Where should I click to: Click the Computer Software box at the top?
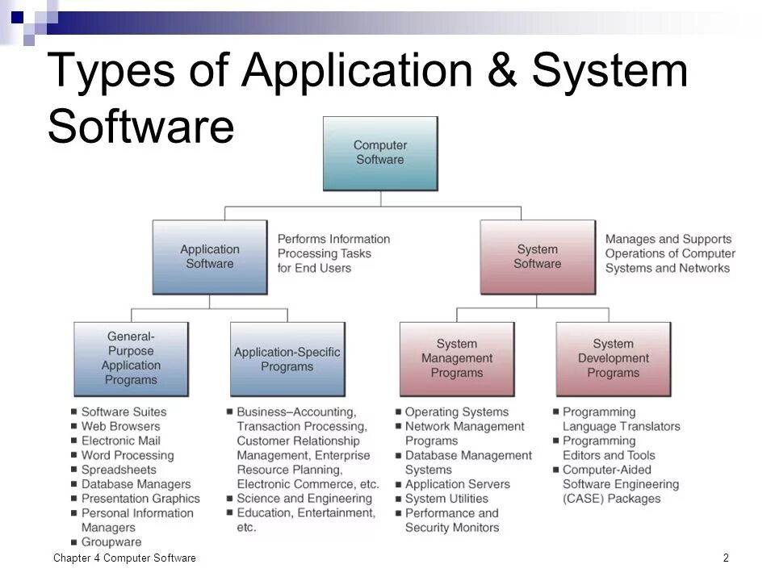click(379, 153)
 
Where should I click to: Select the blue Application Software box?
click(209, 257)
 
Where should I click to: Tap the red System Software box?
click(537, 257)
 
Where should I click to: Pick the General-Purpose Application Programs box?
click(131, 357)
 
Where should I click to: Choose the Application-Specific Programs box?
click(287, 359)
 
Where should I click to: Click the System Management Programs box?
click(457, 358)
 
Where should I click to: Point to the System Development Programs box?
click(613, 358)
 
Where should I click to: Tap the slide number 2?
click(726, 558)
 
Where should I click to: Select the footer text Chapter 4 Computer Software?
click(124, 558)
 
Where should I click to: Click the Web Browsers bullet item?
click(120, 426)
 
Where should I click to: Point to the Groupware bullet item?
click(111, 542)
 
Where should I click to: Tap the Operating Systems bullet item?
click(456, 412)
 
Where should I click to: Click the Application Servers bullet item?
click(457, 484)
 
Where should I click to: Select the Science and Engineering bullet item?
click(304, 499)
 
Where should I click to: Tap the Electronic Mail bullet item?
click(120, 441)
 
